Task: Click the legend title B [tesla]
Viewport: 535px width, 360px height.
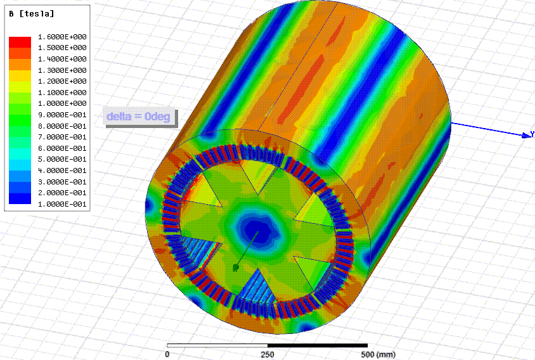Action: point(32,14)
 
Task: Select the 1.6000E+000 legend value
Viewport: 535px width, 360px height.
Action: point(62,37)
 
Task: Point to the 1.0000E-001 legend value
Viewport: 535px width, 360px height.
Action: point(62,204)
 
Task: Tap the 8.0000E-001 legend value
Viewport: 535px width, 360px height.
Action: point(62,126)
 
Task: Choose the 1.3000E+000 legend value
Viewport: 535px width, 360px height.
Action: point(62,70)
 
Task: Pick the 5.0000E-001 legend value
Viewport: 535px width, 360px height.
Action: point(62,159)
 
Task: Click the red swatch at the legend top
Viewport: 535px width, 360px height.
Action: point(20,42)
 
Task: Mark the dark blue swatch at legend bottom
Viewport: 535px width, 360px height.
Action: point(20,198)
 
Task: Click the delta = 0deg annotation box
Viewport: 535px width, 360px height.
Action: point(140,117)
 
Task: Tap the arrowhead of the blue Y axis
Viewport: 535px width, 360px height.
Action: point(527,135)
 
